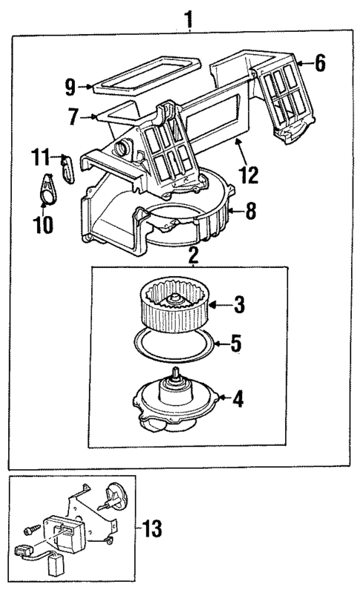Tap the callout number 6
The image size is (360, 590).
tap(320, 64)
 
